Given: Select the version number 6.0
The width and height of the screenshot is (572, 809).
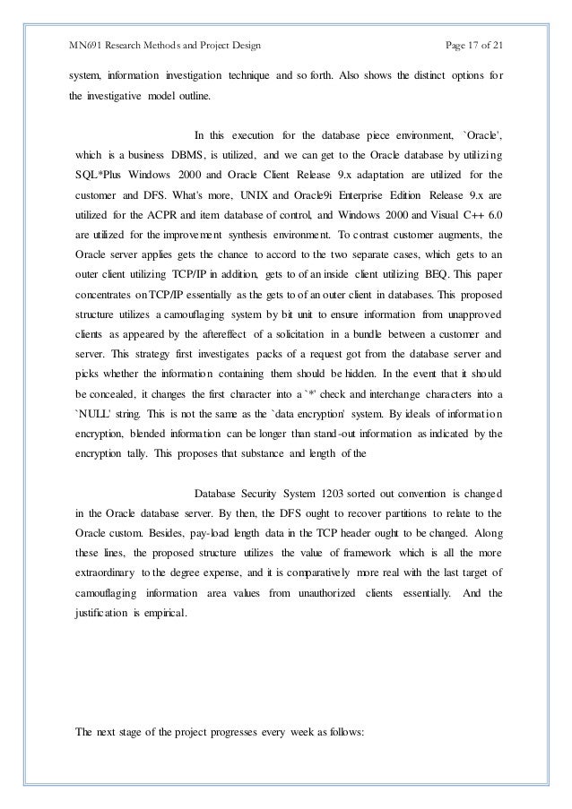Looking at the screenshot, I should [x=490, y=213].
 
